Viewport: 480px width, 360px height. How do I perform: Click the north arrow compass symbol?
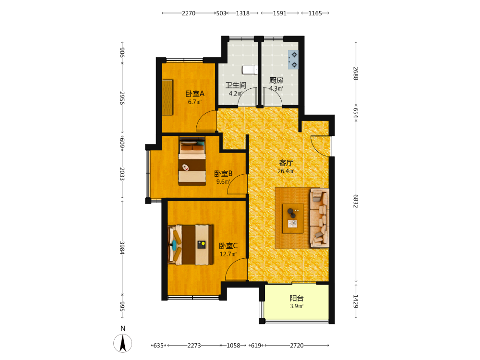pyautogui.click(x=123, y=343)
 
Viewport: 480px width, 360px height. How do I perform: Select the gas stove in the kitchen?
pyautogui.click(x=293, y=60)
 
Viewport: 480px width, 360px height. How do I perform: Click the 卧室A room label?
pyautogui.click(x=195, y=94)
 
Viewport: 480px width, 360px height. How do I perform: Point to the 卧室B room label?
pyautogui.click(x=223, y=174)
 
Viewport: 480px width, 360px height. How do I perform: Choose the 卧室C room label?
pyautogui.click(x=228, y=246)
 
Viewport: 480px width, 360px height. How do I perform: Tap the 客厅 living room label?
pyautogui.click(x=286, y=163)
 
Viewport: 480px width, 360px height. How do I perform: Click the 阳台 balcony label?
pyautogui.click(x=297, y=298)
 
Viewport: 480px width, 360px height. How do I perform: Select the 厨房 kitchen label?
pyautogui.click(x=276, y=80)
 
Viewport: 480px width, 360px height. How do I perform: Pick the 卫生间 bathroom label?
pyautogui.click(x=236, y=85)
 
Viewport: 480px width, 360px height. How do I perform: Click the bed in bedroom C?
pyautogui.click(x=191, y=245)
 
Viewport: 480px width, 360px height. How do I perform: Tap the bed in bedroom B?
pyautogui.click(x=192, y=161)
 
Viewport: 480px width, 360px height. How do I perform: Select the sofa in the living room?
pyautogui.click(x=320, y=217)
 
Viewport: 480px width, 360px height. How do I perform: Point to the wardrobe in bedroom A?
pyautogui.click(x=167, y=97)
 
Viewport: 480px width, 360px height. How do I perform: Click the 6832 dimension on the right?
pyautogui.click(x=355, y=201)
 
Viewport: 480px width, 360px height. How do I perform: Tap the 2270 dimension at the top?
pyautogui.click(x=189, y=13)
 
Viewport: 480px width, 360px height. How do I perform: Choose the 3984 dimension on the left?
pyautogui.click(x=122, y=248)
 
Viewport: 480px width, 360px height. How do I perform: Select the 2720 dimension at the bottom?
pyautogui.click(x=297, y=345)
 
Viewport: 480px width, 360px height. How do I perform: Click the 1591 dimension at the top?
pyautogui.click(x=279, y=13)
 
